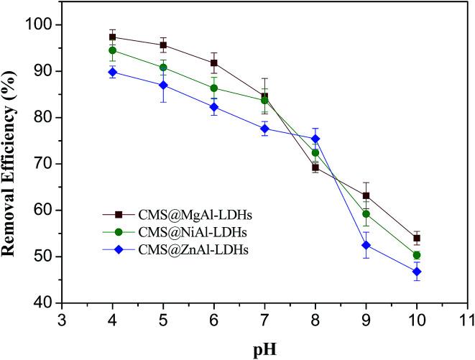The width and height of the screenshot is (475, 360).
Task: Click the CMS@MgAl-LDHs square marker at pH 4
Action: point(113,37)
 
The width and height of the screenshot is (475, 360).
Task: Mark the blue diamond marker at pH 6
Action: point(214,107)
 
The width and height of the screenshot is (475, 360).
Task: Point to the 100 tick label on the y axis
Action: point(40,25)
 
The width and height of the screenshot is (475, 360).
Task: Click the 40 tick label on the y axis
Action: point(43,303)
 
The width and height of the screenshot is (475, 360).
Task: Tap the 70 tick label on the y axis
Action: point(43,165)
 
